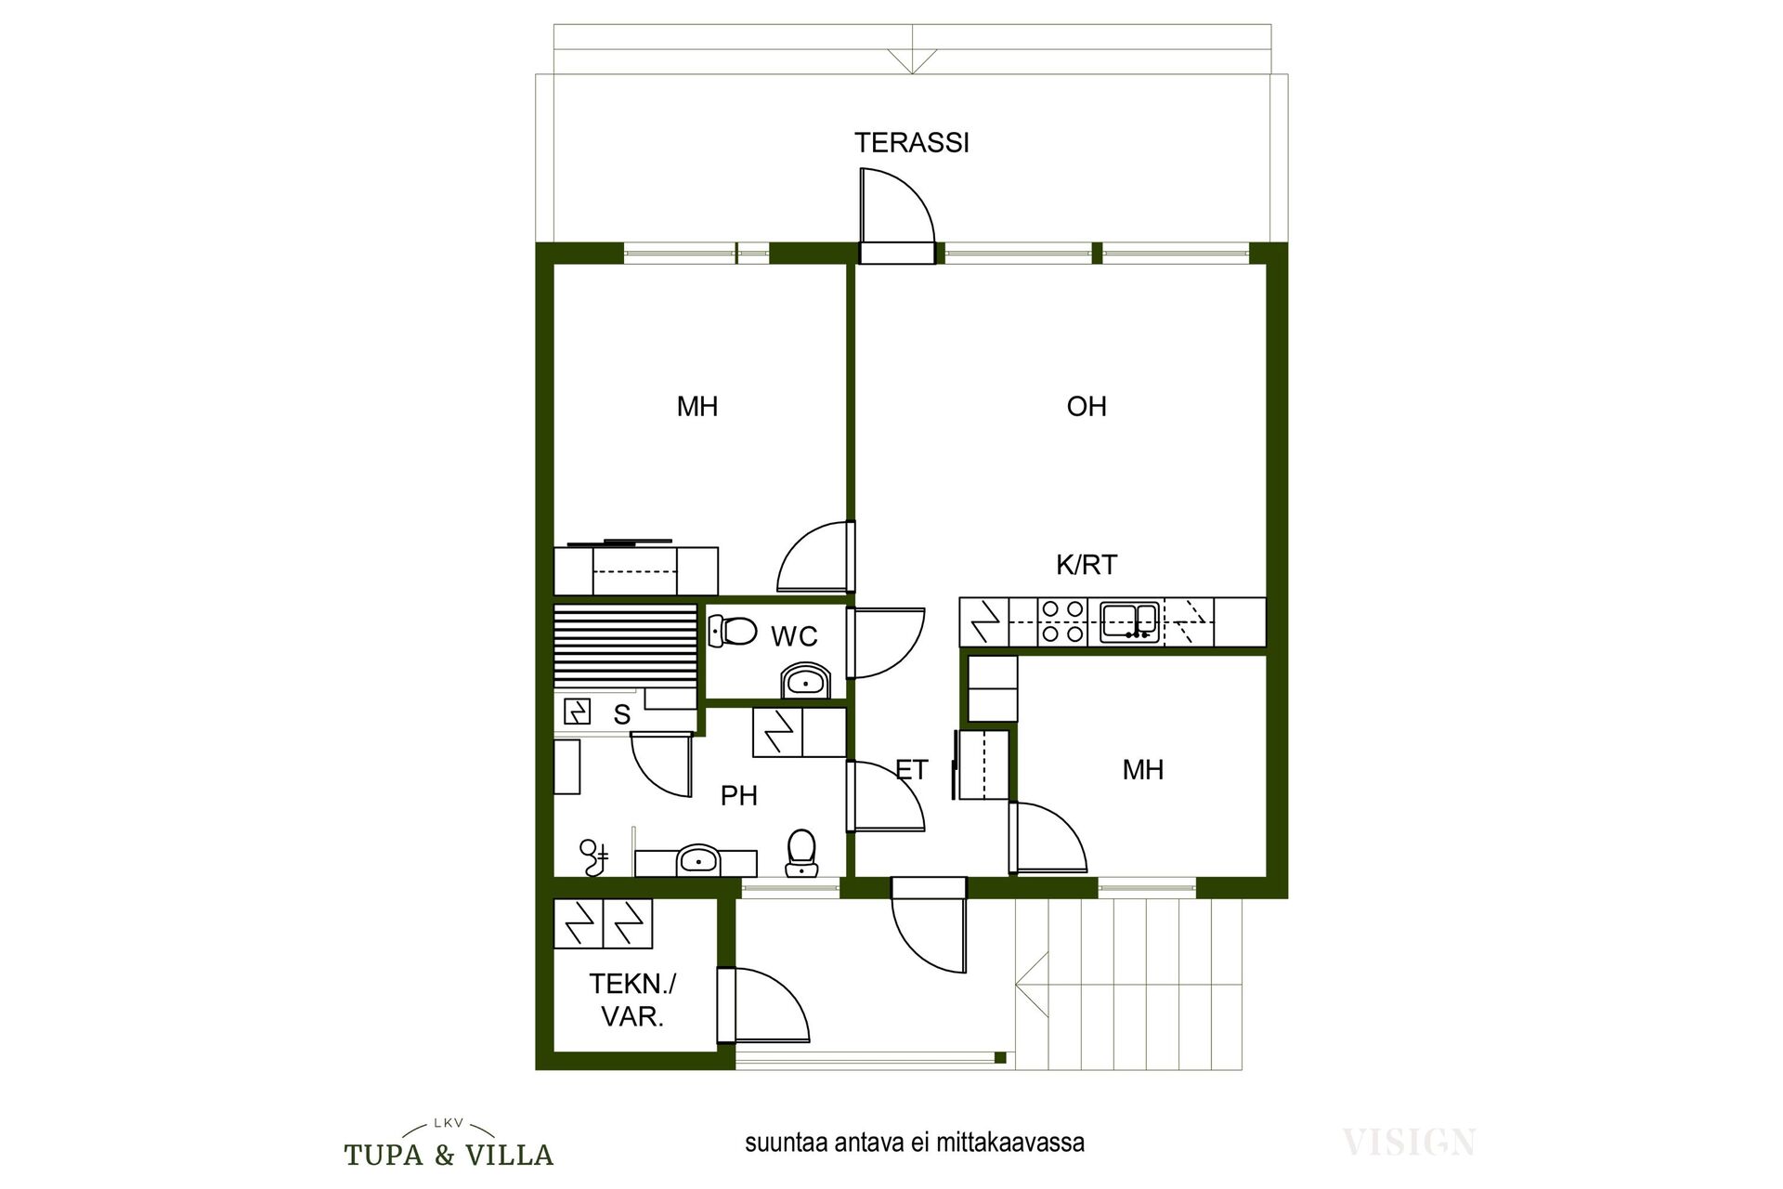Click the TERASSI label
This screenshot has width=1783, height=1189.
pyautogui.click(x=912, y=143)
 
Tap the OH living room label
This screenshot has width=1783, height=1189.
pyautogui.click(x=1087, y=407)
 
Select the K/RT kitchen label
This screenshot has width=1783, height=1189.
pyautogui.click(x=1087, y=565)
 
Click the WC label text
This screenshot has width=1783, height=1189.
pyautogui.click(x=794, y=636)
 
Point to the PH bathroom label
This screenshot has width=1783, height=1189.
pyautogui.click(x=739, y=796)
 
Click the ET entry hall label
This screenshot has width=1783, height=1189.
pyautogui.click(x=912, y=770)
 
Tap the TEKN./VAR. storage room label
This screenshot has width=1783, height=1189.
pyautogui.click(x=633, y=1000)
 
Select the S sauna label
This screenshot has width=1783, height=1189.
pyautogui.click(x=622, y=714)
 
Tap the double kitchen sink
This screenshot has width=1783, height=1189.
pyautogui.click(x=1129, y=621)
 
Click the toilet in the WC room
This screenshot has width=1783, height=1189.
pyautogui.click(x=731, y=631)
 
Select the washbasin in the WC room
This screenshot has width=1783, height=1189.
pyautogui.click(x=805, y=680)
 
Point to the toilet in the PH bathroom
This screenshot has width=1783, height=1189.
pyautogui.click(x=800, y=853)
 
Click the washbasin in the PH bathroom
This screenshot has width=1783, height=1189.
pyautogui.click(x=696, y=859)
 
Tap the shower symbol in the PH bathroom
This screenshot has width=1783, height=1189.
pyautogui.click(x=593, y=857)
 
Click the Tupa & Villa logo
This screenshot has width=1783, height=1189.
pyautogui.click(x=449, y=1144)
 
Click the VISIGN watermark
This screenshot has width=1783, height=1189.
pyautogui.click(x=1409, y=1142)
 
